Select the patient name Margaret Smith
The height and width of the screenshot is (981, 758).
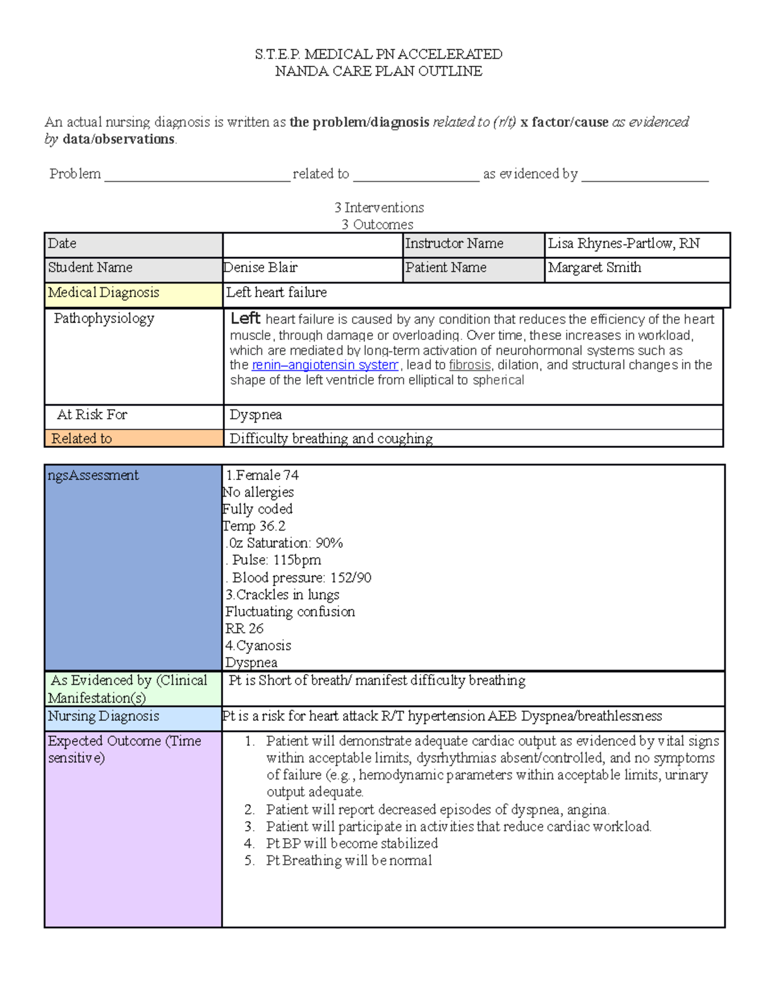click(x=594, y=268)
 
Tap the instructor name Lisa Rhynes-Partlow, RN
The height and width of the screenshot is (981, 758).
click(x=623, y=244)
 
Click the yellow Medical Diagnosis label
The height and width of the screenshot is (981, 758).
click(x=104, y=293)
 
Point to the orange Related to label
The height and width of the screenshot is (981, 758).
click(x=81, y=438)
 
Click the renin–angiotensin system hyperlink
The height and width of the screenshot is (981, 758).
click(x=325, y=365)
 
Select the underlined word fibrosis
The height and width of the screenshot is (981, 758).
click(x=469, y=365)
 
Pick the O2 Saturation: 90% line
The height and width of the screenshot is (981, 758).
click(x=286, y=543)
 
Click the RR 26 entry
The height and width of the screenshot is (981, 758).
click(x=244, y=629)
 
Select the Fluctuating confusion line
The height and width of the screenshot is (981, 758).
click(x=290, y=611)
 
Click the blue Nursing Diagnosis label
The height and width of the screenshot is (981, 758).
click(x=104, y=716)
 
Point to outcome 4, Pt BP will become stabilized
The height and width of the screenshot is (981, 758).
click(x=352, y=843)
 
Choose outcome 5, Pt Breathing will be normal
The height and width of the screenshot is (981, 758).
click(x=349, y=860)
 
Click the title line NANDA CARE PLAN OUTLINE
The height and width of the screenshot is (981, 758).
click(x=378, y=71)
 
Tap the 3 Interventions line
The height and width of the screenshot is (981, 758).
click(x=379, y=208)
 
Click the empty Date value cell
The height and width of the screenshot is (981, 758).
click(x=313, y=244)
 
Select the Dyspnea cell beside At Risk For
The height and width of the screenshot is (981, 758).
click(x=256, y=415)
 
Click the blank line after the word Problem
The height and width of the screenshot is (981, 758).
click(x=196, y=176)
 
